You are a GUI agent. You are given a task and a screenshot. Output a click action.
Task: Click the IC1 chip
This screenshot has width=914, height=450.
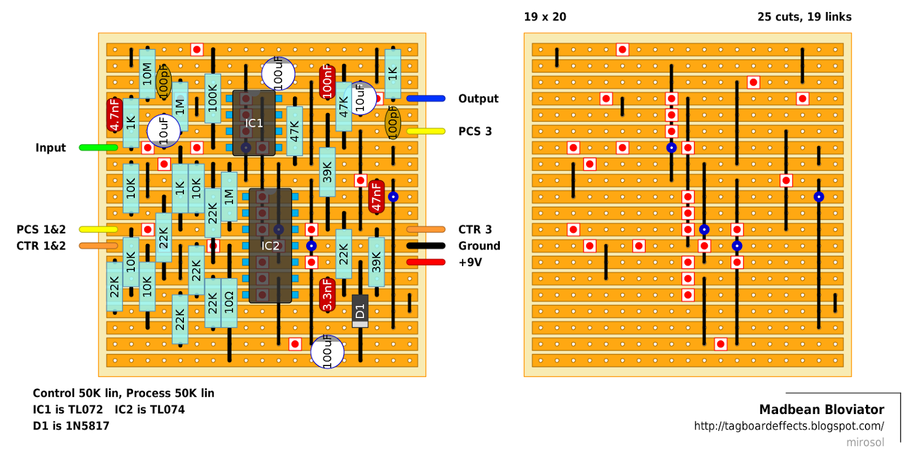pyautogui.click(x=254, y=123)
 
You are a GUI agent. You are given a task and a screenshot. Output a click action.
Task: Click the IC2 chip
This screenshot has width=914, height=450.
pyautogui.click(x=270, y=246)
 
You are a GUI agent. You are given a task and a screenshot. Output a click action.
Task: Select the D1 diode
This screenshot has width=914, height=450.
pyautogui.click(x=360, y=311)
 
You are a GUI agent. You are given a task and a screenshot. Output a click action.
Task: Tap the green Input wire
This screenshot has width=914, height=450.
pyautogui.click(x=98, y=147)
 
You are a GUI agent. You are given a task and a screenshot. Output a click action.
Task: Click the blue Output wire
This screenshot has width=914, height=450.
pyautogui.click(x=426, y=98)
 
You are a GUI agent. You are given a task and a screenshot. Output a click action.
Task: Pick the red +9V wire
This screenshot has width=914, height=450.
pyautogui.click(x=426, y=262)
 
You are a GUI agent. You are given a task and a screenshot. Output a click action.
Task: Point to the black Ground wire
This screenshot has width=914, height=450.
pyautogui.click(x=426, y=246)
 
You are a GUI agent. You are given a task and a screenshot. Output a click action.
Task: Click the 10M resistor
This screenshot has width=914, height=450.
pyautogui.click(x=147, y=74)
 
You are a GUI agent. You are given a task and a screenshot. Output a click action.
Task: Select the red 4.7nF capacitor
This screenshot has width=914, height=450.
pyautogui.click(x=114, y=114)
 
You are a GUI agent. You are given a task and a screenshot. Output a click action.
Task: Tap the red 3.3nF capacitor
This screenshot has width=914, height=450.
pyautogui.click(x=327, y=295)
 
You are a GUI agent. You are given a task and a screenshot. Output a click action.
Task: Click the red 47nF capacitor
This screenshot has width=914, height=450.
pyautogui.click(x=376, y=196)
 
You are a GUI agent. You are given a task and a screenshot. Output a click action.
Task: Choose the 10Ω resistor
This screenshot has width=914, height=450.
pyautogui.click(x=229, y=303)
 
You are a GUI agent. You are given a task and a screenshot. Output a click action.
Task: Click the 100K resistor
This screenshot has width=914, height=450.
pyautogui.click(x=213, y=98)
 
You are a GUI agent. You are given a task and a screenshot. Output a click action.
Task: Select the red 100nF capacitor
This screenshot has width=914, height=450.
pyautogui.click(x=327, y=82)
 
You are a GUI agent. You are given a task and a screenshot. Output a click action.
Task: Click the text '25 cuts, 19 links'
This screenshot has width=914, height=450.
pyautogui.click(x=804, y=17)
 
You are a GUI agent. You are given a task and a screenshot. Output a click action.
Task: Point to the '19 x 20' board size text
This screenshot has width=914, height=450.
pyautogui.click(x=545, y=17)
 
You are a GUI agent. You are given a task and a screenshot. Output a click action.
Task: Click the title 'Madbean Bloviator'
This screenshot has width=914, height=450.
pyautogui.click(x=821, y=409)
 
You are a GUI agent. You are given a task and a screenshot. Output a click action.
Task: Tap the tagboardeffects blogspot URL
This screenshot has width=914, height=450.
pyautogui.click(x=788, y=426)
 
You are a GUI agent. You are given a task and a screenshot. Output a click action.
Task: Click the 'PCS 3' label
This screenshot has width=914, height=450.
pyautogui.click(x=475, y=131)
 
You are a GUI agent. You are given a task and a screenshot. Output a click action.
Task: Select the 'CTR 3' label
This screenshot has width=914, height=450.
pyautogui.click(x=475, y=230)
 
